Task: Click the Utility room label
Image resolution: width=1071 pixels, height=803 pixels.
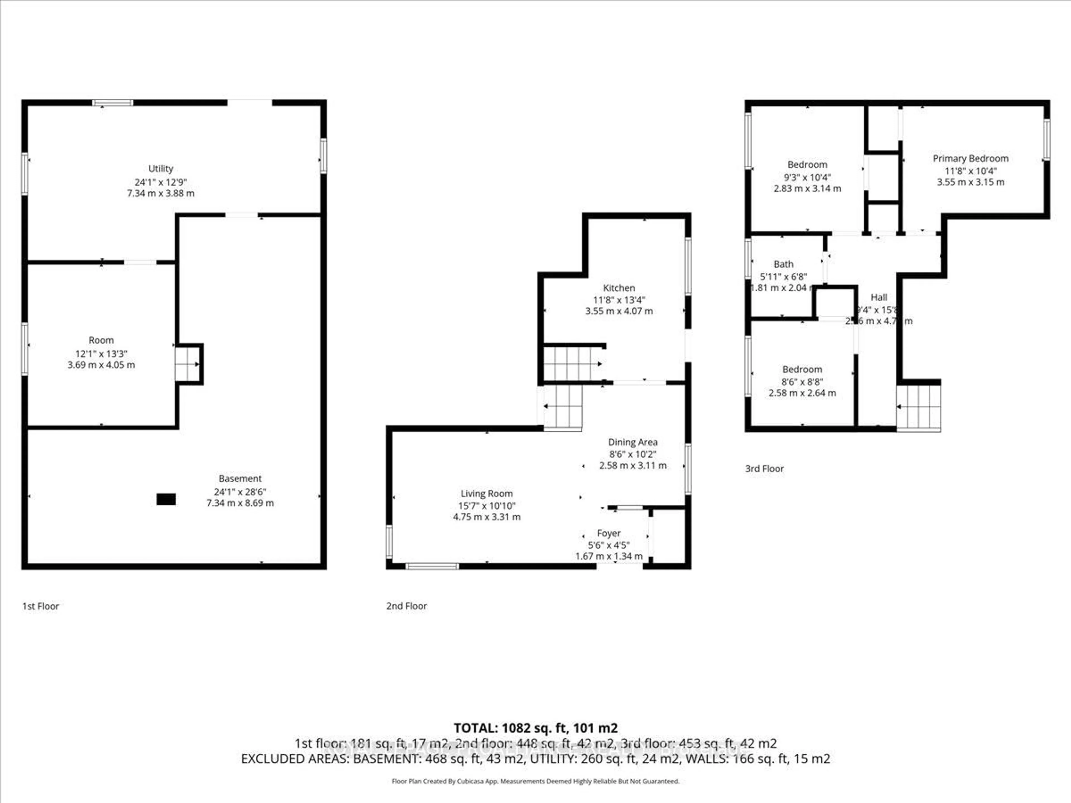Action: coord(160,168)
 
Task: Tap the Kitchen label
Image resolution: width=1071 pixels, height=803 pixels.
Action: coord(619,288)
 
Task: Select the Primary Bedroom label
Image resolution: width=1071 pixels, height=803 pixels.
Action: coord(970,158)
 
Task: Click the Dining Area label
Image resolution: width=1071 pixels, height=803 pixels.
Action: coord(632,442)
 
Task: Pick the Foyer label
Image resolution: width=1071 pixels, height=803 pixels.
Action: coord(609,533)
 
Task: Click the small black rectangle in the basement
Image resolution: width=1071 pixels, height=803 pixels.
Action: coord(166,499)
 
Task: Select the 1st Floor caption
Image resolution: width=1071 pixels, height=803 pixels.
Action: coord(41,606)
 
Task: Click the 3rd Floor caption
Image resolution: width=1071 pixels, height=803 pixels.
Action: coord(764,468)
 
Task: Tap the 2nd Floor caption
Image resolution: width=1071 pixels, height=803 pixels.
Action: coord(406,606)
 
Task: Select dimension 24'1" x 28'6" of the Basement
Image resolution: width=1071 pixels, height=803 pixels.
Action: coord(240,492)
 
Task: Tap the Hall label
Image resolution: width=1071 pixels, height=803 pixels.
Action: coord(879,297)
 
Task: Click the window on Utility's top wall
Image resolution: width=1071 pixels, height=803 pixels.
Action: coord(112,103)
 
